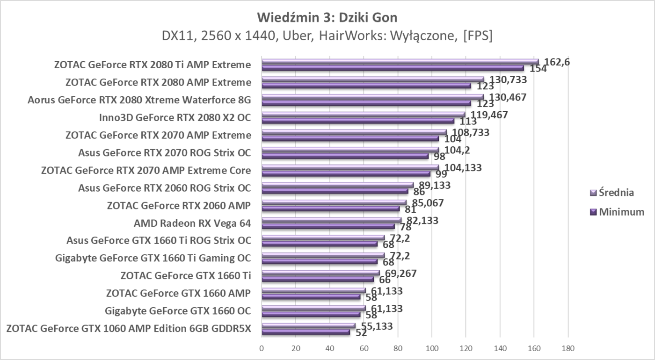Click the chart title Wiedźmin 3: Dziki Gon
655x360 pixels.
pyautogui.click(x=327, y=18)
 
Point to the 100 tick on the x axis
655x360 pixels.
pyautogui.click(x=432, y=348)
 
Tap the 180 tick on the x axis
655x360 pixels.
pyautogui.click(x=568, y=348)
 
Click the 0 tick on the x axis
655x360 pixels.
pyautogui.click(x=262, y=348)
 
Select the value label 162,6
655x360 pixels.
pyautogui.click(x=557, y=62)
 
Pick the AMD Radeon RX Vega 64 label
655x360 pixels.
pyautogui.click(x=192, y=223)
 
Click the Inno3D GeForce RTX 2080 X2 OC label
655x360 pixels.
pyautogui.click(x=175, y=117)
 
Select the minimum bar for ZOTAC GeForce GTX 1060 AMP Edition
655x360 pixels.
pyautogui.click(x=306, y=332)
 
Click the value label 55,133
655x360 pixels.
pyautogui.click(x=374, y=326)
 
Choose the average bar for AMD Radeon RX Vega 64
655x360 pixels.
pyautogui.click(x=331, y=220)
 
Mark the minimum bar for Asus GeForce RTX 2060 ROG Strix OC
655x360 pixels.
pyautogui.click(x=335, y=191)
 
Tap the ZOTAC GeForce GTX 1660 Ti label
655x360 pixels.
pyautogui.click(x=185, y=276)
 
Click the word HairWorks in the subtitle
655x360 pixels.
pyautogui.click(x=345, y=36)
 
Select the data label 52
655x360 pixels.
pyautogui.click(x=361, y=333)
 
